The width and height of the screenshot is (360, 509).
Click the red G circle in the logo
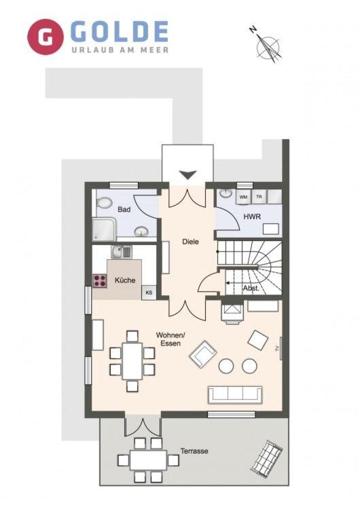pos(45,37)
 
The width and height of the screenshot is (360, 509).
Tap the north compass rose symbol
pos(268,45)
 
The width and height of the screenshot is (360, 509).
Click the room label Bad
pos(124,210)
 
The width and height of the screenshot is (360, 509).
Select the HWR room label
pos(252,216)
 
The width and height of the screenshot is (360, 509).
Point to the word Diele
pos(190,242)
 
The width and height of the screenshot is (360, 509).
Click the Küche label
pos(125,280)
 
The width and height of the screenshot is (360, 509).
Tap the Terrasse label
pos(194,451)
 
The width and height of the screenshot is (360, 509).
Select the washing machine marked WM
pos(243,197)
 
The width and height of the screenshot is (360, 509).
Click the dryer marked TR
pos(259,197)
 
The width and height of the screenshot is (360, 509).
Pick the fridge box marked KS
pos(149,293)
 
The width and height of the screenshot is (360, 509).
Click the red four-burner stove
pos(100,281)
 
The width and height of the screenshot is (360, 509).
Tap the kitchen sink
pos(122,252)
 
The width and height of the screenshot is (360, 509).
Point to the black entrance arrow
pos(188,174)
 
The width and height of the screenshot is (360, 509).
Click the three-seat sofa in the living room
pos(235,395)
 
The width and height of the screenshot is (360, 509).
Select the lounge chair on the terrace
pos(266,458)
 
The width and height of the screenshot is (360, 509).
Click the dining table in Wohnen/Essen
pos(132,361)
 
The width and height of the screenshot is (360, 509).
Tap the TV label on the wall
pos(277,349)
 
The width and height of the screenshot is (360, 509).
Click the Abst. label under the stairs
pos(251,288)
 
